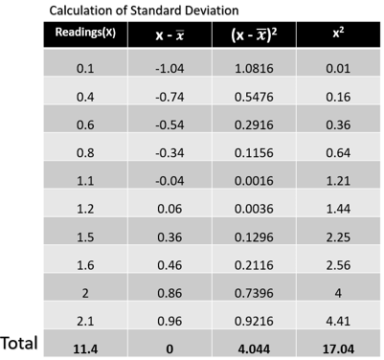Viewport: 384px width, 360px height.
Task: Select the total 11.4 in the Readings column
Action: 84,347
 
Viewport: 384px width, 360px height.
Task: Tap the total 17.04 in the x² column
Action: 332,347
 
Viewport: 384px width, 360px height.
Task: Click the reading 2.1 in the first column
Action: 84,320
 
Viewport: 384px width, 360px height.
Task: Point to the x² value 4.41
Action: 332,320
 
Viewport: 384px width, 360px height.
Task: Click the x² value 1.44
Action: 332,208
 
